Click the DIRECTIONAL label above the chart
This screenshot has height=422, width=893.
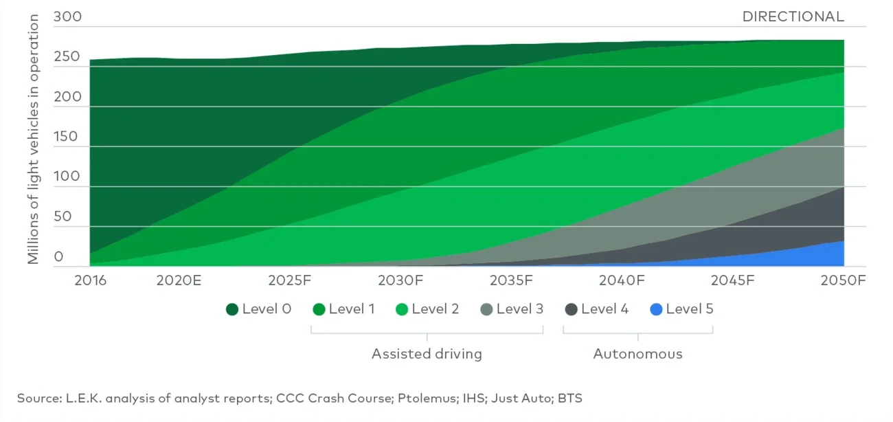(x=793, y=16)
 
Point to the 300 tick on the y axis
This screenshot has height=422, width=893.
(x=67, y=16)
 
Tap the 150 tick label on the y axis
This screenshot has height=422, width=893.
(x=67, y=136)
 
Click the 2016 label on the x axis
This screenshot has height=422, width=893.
(x=91, y=280)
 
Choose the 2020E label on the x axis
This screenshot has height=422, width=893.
(x=179, y=280)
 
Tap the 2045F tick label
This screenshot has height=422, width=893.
(x=733, y=280)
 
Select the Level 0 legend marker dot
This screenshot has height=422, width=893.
(x=232, y=309)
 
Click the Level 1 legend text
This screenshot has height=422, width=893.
(x=352, y=309)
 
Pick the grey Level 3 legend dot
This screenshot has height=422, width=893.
(x=486, y=309)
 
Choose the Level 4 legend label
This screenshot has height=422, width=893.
(x=604, y=309)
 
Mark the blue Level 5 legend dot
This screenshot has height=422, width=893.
(x=656, y=309)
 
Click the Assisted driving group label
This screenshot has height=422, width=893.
(x=427, y=354)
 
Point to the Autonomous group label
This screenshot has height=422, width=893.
(x=637, y=354)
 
